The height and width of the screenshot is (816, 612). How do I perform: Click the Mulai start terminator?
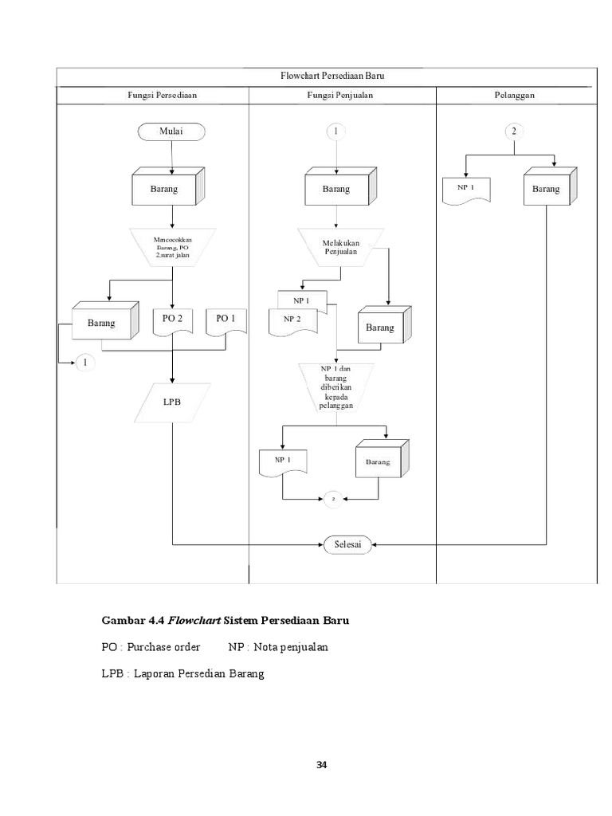[x=171, y=131]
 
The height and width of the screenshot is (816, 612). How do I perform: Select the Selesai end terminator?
[x=347, y=545]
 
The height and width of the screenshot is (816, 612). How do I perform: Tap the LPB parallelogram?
[x=172, y=402]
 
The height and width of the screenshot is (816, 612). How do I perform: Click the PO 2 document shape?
[x=172, y=320]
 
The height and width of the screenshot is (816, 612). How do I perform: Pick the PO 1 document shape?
[x=226, y=320]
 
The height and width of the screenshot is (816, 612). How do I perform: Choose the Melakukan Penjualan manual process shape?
[x=340, y=247]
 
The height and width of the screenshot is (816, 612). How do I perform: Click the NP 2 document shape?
[x=292, y=321]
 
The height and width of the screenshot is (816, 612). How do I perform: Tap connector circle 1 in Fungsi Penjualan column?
[x=336, y=131]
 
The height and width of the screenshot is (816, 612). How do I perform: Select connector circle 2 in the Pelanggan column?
[x=514, y=131]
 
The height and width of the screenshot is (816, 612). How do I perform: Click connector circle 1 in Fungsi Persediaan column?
[x=84, y=363]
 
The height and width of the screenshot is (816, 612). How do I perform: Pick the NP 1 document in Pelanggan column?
[x=466, y=190]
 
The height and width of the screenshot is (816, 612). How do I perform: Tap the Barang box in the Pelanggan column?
[x=546, y=190]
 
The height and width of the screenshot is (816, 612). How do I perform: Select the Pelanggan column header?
[x=514, y=95]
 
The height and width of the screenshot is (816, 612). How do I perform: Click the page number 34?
[x=321, y=766]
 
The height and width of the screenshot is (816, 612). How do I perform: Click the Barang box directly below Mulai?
[x=165, y=190]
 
